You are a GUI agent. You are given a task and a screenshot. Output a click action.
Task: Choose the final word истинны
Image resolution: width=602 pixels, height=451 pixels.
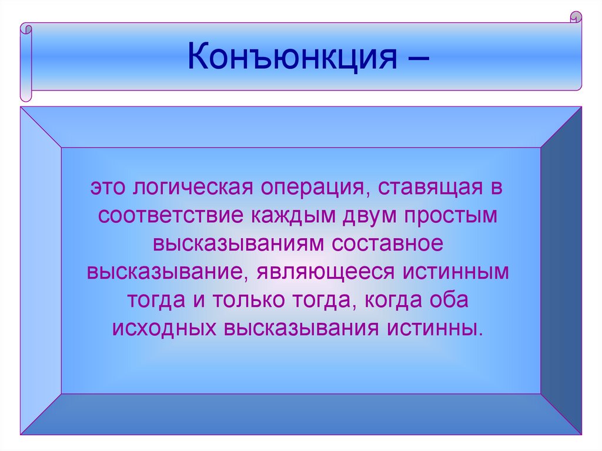(446, 328)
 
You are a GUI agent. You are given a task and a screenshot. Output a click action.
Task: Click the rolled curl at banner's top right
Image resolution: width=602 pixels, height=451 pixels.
(576, 17)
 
